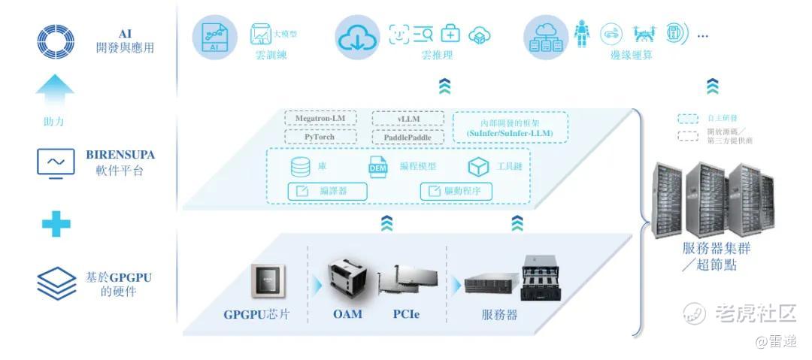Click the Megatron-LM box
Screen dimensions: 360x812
(x=320, y=119)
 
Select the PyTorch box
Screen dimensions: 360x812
(x=320, y=137)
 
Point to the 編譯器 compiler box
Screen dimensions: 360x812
(x=328, y=191)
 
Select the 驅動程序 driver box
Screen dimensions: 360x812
(x=456, y=191)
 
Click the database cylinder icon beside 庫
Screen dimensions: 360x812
(x=300, y=166)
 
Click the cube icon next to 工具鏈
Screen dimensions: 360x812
(x=477, y=166)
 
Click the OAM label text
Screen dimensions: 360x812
(x=347, y=314)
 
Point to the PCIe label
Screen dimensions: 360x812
(x=406, y=314)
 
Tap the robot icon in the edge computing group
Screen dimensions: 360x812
(x=581, y=34)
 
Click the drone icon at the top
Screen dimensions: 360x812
(x=644, y=34)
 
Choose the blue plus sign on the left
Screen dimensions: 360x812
(x=56, y=223)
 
